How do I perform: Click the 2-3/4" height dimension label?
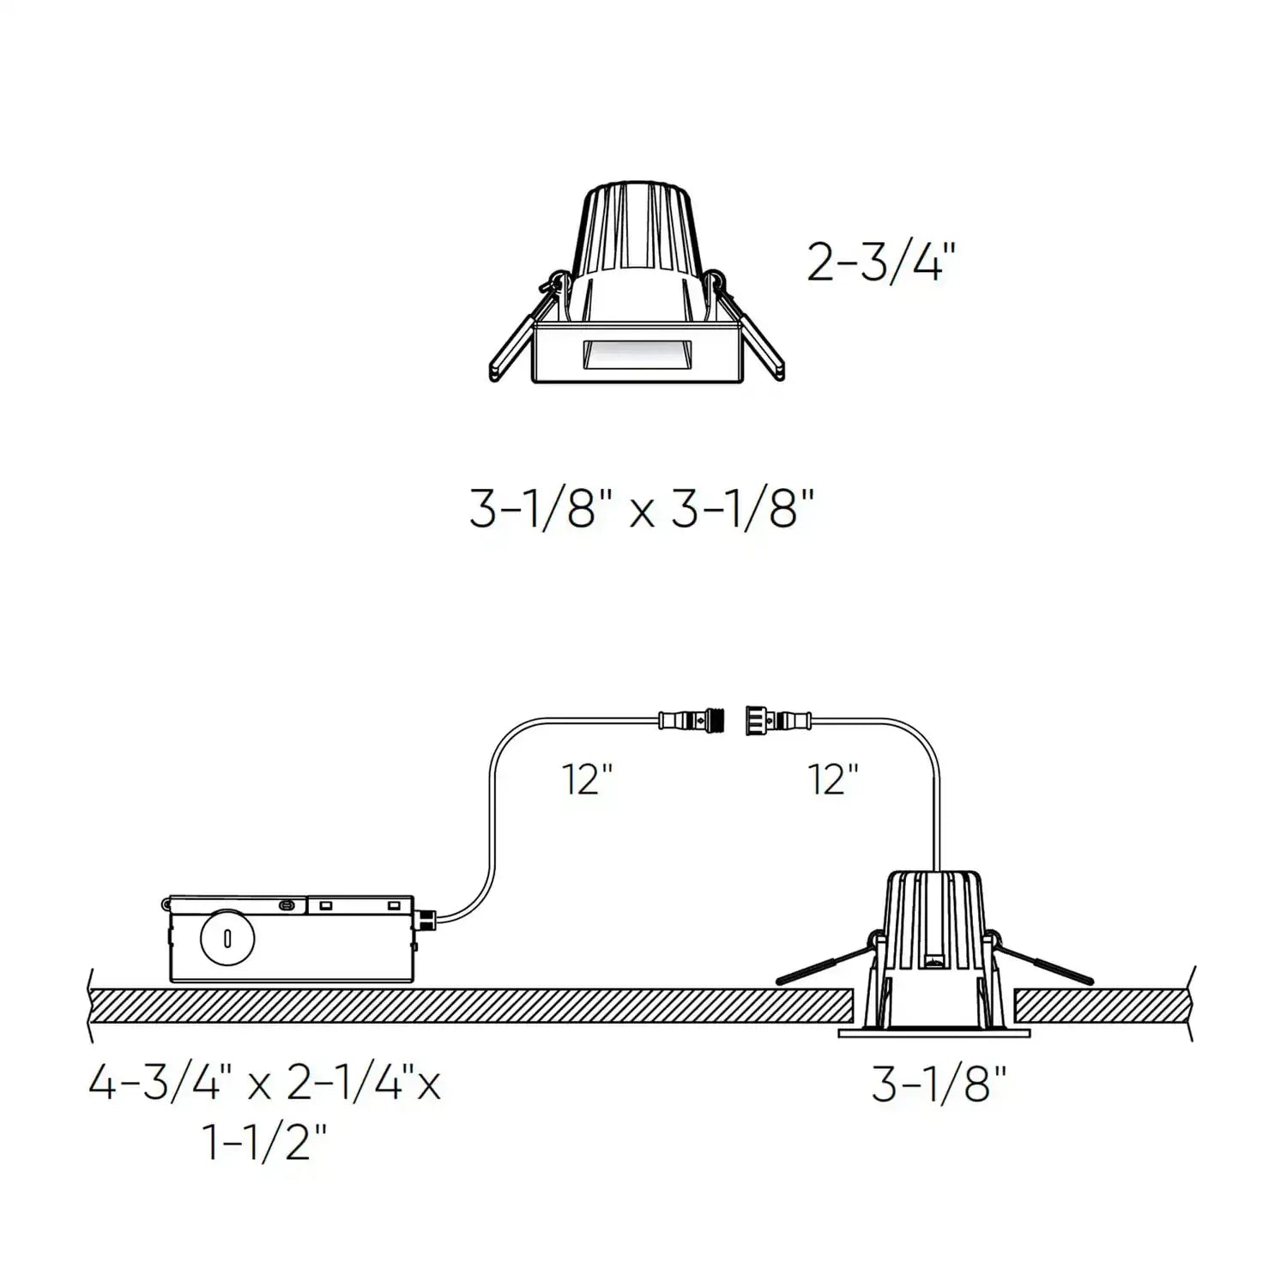tap(880, 262)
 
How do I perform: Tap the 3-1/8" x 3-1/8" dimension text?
tap(641, 509)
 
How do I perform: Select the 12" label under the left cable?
tap(588, 779)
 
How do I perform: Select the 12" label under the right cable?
tap(833, 779)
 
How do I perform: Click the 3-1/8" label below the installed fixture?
tap(938, 1085)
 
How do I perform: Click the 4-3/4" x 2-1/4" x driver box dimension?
tap(264, 1085)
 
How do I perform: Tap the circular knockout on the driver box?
tap(227, 938)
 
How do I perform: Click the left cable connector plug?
tap(692, 719)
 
